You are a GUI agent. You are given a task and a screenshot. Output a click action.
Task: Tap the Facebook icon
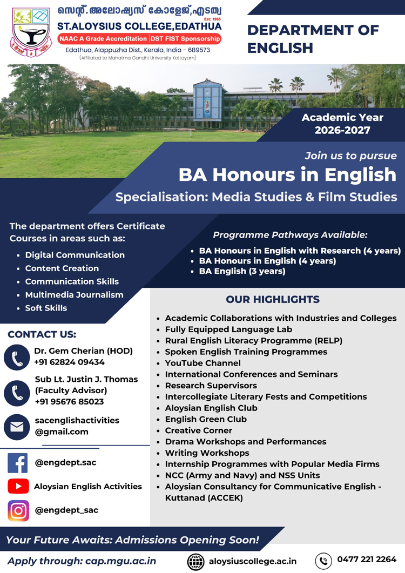point(18,463)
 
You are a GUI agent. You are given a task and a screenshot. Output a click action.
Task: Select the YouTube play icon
point(18,487)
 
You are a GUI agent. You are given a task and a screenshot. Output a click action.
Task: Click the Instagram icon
point(18,510)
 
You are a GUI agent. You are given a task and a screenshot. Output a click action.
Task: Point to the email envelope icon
point(17,427)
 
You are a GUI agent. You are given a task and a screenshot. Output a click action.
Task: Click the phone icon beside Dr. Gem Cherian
point(17,357)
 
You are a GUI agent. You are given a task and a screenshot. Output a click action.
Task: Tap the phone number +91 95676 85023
point(69,402)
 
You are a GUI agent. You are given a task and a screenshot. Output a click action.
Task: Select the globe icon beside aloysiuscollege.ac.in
point(195,561)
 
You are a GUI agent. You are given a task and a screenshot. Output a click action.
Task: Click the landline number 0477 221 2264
point(367,559)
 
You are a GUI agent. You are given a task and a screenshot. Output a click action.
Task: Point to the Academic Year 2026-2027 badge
point(342,124)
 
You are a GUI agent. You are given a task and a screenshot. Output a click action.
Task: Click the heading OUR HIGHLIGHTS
point(273,299)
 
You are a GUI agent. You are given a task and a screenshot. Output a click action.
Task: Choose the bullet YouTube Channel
point(202,363)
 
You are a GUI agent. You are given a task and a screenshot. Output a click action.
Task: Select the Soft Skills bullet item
point(46,308)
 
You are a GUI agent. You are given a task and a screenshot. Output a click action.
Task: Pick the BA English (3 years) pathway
point(242,271)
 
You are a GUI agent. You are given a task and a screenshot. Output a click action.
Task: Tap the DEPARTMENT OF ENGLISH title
point(313,39)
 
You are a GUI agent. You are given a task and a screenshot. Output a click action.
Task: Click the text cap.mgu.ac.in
point(120,561)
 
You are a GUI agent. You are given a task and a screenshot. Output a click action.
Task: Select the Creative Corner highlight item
point(198,430)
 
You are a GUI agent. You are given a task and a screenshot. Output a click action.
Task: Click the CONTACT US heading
point(42,334)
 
